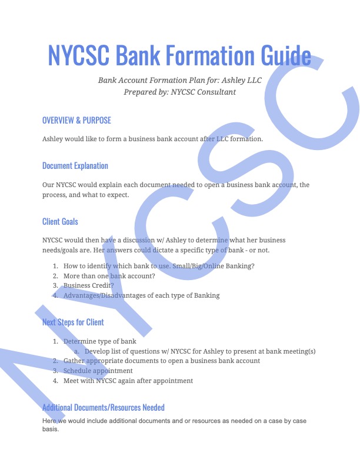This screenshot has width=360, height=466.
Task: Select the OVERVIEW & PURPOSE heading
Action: coord(76,121)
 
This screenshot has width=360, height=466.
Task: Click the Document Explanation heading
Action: coord(75,166)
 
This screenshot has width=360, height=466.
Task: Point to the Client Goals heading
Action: coord(60,222)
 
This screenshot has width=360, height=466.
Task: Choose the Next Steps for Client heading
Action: coord(73,322)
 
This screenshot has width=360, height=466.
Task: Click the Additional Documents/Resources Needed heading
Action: coord(104,407)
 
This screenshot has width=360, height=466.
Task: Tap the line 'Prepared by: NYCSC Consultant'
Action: coord(179,92)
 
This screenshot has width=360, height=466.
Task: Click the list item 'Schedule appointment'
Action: coord(98,371)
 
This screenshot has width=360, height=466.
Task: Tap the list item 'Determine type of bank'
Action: coord(99,341)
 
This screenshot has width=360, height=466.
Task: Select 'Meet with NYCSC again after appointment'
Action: coord(128,381)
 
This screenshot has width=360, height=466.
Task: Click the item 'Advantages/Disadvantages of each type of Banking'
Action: coord(141,295)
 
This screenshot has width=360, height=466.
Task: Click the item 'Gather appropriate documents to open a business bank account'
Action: coord(161,361)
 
